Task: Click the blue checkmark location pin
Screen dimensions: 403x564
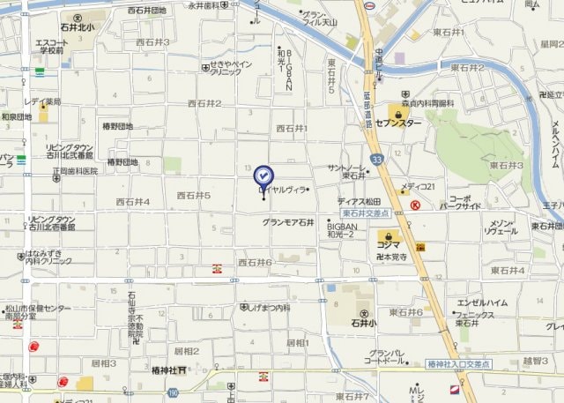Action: [263, 175]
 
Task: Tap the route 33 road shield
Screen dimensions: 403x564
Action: [377, 160]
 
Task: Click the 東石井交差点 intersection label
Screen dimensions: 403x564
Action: [366, 213]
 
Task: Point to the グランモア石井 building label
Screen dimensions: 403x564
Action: [287, 222]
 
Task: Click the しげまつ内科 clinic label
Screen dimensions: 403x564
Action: [264, 307]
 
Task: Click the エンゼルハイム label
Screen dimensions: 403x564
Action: [483, 302]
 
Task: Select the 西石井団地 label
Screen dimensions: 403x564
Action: [146, 11]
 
